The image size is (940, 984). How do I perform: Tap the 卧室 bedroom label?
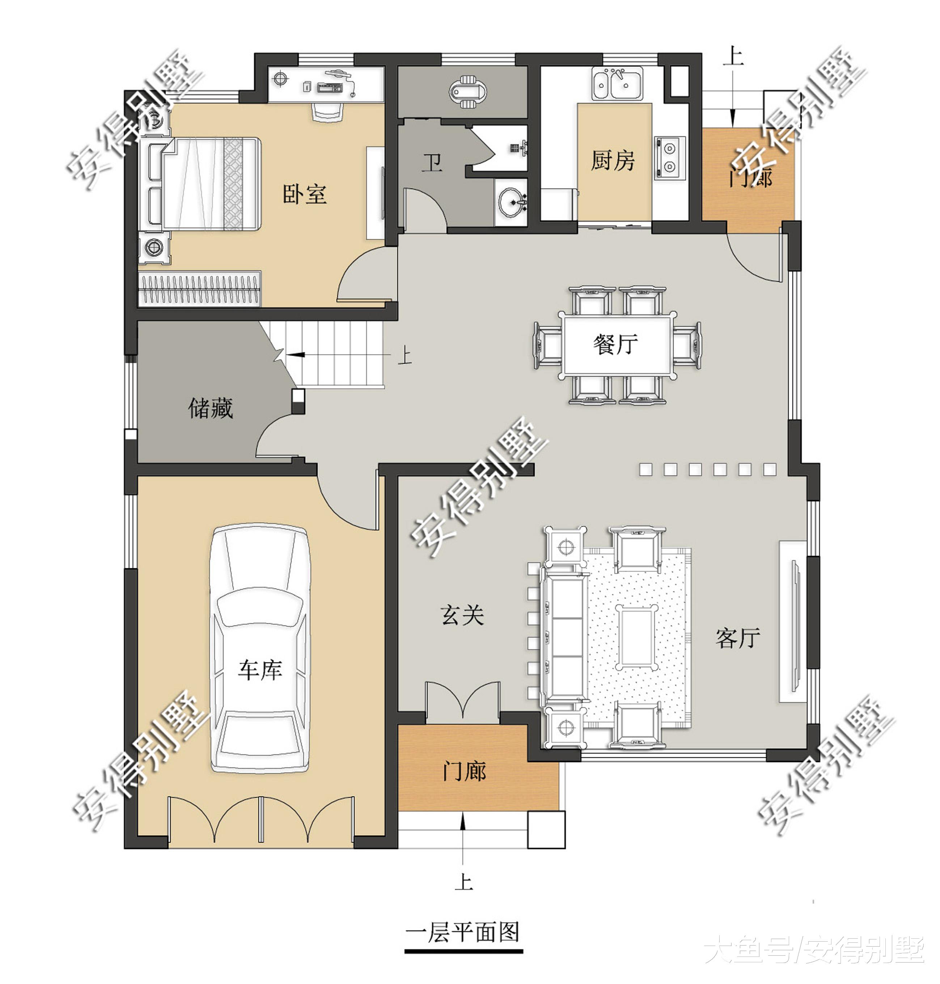tap(305, 194)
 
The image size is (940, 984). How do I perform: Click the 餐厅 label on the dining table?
tap(616, 344)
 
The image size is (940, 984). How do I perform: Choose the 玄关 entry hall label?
tap(462, 615)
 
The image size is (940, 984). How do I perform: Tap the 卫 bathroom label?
tap(431, 163)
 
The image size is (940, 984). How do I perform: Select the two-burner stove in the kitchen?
tap(669, 158)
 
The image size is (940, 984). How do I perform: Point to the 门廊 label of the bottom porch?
tap(464, 770)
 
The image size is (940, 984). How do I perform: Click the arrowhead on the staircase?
tap(296, 354)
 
